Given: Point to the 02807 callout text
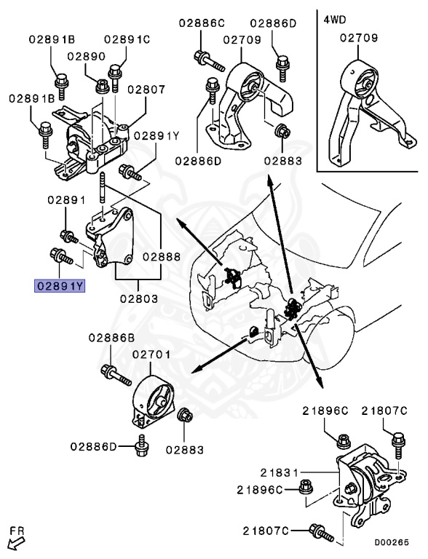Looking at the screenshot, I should click(146, 90).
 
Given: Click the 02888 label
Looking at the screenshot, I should click(162, 257).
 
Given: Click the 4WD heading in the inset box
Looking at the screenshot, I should click(335, 20).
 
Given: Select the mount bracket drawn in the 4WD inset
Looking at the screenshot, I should click(368, 109).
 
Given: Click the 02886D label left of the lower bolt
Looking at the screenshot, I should click(93, 445).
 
